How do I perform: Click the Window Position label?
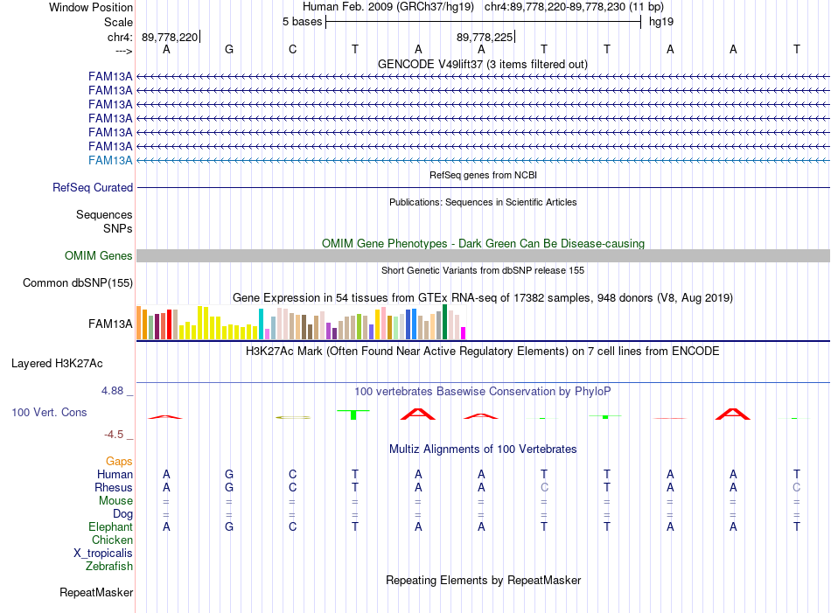pyautogui.click(x=91, y=7)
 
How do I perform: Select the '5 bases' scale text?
pyautogui.click(x=302, y=22)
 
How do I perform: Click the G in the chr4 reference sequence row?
pyautogui.click(x=229, y=49)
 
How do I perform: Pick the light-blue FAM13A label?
pyautogui.click(x=110, y=161)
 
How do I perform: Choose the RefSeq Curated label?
pyautogui.click(x=93, y=187)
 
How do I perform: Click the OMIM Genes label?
pyautogui.click(x=99, y=256)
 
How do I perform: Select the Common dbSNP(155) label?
pyautogui.click(x=78, y=283)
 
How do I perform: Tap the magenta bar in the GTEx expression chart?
pyautogui.click(x=464, y=333)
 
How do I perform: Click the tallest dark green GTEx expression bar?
pyautogui.click(x=444, y=322)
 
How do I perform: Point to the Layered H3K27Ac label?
pyautogui.click(x=57, y=364)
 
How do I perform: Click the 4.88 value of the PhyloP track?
pyautogui.click(x=112, y=391)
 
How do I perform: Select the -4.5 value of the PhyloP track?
pyautogui.click(x=114, y=435)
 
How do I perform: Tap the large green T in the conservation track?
pyautogui.click(x=353, y=414)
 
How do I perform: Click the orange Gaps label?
pyautogui.click(x=119, y=462)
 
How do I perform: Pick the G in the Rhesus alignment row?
pyautogui.click(x=229, y=487)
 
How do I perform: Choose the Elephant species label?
pyautogui.click(x=111, y=527)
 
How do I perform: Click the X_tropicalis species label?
pyautogui.click(x=103, y=554)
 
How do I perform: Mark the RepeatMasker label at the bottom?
pyautogui.click(x=96, y=592)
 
